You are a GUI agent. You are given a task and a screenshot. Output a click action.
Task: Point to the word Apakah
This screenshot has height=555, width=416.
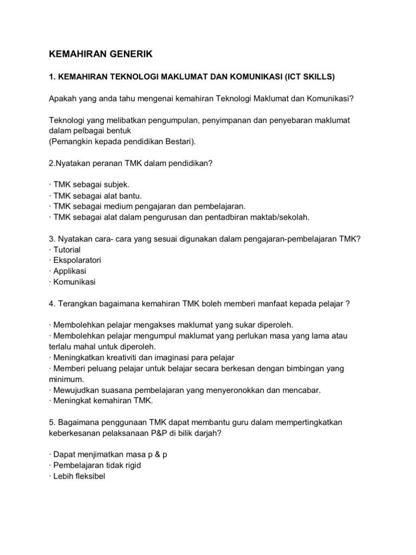[x=62, y=99]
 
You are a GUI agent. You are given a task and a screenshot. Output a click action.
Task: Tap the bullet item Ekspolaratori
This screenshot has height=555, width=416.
[x=76, y=260]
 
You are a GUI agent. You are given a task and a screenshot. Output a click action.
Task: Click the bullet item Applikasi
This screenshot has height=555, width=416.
[x=69, y=271]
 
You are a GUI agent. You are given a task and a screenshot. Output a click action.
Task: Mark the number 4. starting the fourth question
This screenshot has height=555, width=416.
[x=52, y=304]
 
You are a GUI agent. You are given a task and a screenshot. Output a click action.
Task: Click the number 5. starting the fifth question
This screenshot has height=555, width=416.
[x=52, y=422]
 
